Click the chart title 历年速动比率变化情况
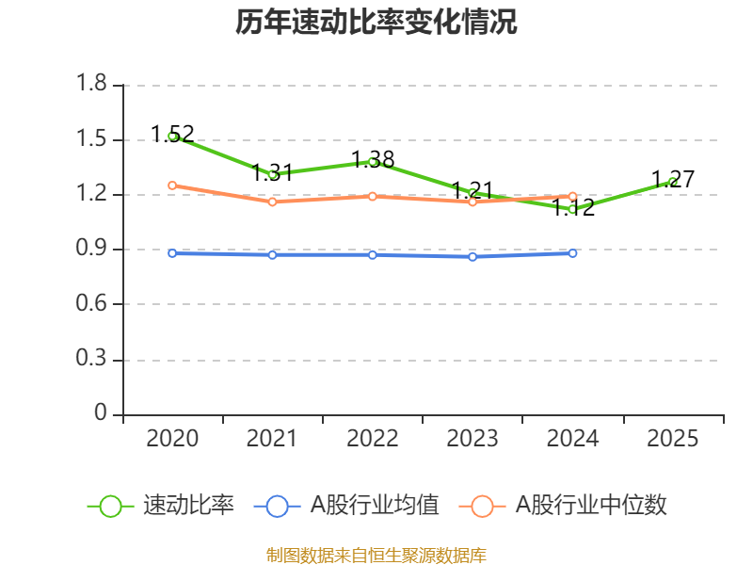pyautogui.click(x=376, y=22)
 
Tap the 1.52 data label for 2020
pyautogui.click(x=172, y=134)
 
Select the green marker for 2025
pyautogui.click(x=673, y=182)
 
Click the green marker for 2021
pyautogui.click(x=273, y=175)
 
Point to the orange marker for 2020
pyautogui.click(x=172, y=186)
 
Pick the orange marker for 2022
pyautogui.click(x=373, y=197)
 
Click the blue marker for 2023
pyautogui.click(x=473, y=257)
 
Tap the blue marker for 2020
pyautogui.click(x=172, y=253)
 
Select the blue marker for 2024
pyautogui.click(x=572, y=253)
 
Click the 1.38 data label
pyautogui.click(x=373, y=159)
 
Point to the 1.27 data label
pyautogui.click(x=673, y=180)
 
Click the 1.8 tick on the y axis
pyautogui.click(x=91, y=83)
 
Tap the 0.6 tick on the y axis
pyautogui.click(x=91, y=303)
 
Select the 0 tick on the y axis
pyautogui.click(x=101, y=412)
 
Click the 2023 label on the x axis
pyautogui.click(x=473, y=439)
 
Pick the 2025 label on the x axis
pyautogui.click(x=673, y=439)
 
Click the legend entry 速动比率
pyautogui.click(x=161, y=506)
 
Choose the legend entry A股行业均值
pyautogui.click(x=346, y=506)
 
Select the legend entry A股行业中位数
pyautogui.click(x=563, y=506)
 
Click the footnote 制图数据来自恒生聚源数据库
pyautogui.click(x=376, y=556)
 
